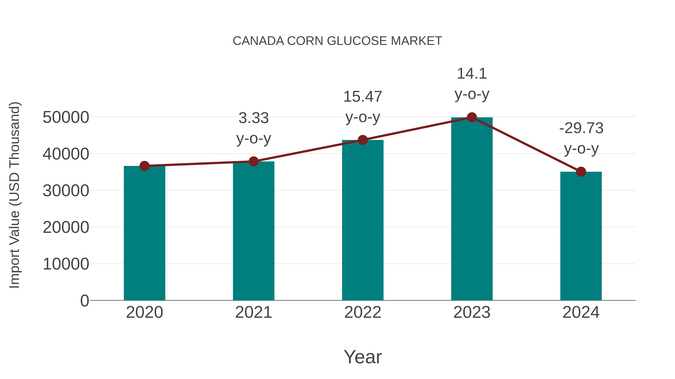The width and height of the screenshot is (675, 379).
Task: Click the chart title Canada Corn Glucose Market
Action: pyautogui.click(x=337, y=41)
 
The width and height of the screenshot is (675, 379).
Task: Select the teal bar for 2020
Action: pyautogui.click(x=144, y=233)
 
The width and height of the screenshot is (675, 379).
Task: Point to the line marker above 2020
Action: pyautogui.click(x=144, y=166)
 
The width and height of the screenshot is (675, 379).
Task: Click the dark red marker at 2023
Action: pyautogui.click(x=472, y=117)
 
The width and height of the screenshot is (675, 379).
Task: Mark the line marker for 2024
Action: pyautogui.click(x=581, y=172)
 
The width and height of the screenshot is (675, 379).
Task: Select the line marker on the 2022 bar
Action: pyautogui.click(x=363, y=140)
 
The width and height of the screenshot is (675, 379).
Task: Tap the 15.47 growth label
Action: pyautogui.click(x=363, y=97)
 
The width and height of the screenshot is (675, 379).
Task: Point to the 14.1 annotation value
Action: pyautogui.click(x=472, y=74)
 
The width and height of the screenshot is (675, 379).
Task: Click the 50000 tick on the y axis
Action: pyautogui.click(x=66, y=117)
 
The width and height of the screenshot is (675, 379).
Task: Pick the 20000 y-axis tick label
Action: pyautogui.click(x=66, y=227)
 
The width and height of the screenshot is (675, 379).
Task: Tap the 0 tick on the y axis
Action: pyautogui.click(x=84, y=301)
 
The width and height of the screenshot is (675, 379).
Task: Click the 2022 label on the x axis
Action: pyautogui.click(x=363, y=312)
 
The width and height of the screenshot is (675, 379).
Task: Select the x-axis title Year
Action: pyautogui.click(x=363, y=357)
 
